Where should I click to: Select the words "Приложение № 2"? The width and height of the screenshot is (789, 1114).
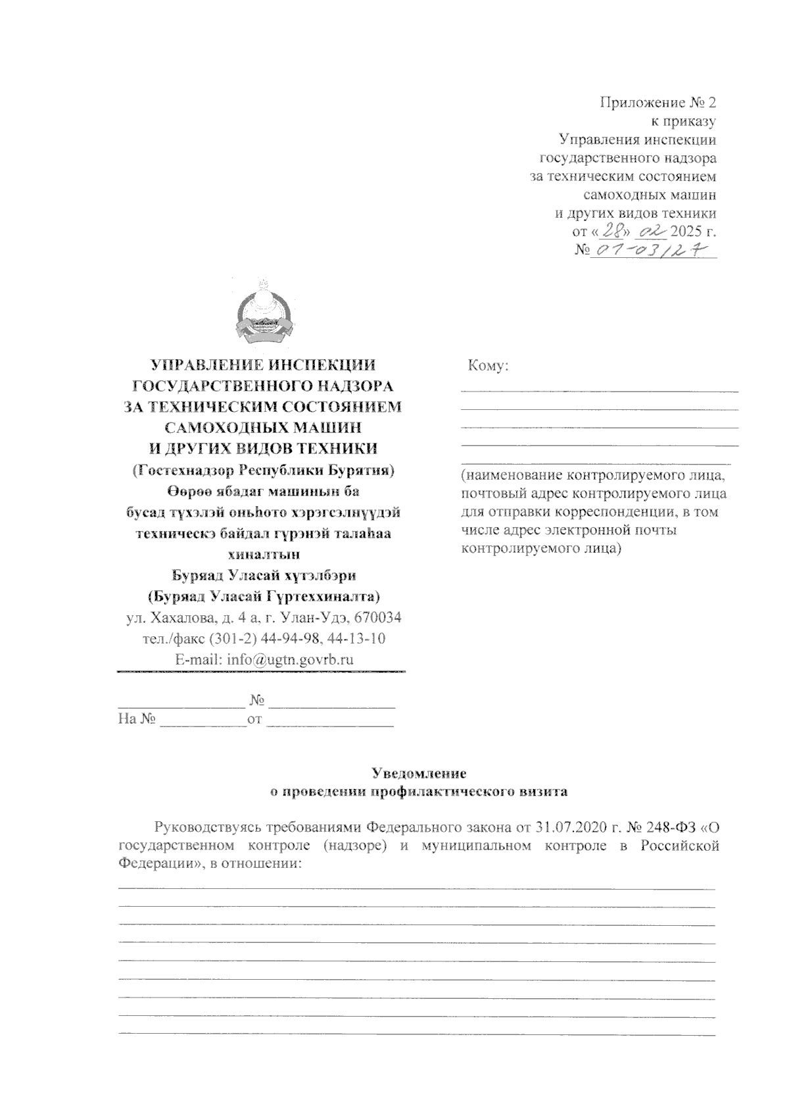(x=657, y=103)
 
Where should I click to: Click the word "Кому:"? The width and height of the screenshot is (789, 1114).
(x=488, y=366)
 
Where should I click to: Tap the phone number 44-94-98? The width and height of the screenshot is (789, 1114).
(x=288, y=638)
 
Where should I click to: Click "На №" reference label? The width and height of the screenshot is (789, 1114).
(x=136, y=719)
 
